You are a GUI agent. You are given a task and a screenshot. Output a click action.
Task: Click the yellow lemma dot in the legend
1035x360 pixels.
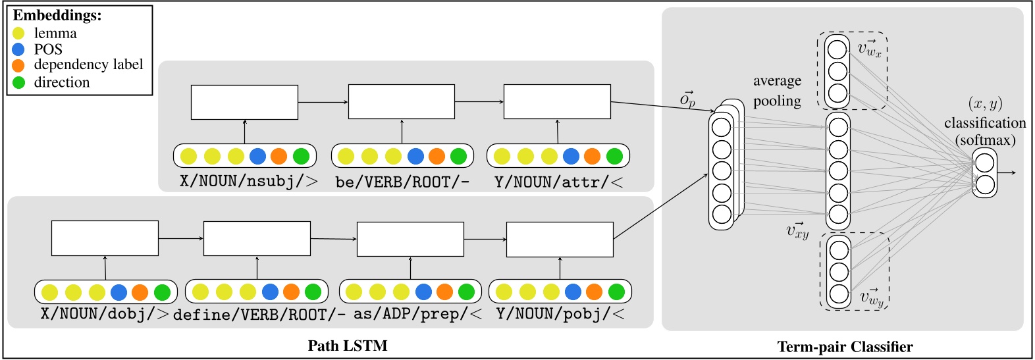click(x=18, y=33)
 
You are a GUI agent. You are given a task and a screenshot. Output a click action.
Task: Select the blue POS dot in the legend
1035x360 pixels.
click(x=18, y=49)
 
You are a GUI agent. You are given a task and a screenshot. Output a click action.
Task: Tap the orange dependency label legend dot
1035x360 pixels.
click(x=18, y=65)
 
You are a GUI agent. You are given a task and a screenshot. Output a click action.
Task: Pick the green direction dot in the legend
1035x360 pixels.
click(x=18, y=82)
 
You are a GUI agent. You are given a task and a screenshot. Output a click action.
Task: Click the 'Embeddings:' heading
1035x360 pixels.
click(x=57, y=15)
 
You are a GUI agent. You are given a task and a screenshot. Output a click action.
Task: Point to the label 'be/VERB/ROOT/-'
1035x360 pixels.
click(x=402, y=182)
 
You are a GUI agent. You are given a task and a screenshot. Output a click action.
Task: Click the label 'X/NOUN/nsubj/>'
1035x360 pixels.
click(x=249, y=182)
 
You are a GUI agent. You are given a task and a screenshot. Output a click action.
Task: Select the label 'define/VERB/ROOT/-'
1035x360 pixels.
click(x=259, y=315)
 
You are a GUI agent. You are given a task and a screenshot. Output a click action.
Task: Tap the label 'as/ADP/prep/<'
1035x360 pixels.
click(x=417, y=315)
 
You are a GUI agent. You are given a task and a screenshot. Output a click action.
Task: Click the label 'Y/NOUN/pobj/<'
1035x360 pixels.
click(x=560, y=315)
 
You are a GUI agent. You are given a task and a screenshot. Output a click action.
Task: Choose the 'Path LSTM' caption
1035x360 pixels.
click(x=348, y=346)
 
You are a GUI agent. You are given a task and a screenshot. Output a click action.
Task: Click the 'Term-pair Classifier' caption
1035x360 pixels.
click(x=845, y=347)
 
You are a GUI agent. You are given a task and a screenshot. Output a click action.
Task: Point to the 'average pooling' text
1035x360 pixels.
click(x=777, y=91)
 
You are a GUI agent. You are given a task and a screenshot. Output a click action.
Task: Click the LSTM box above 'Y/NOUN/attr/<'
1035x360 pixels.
click(x=557, y=102)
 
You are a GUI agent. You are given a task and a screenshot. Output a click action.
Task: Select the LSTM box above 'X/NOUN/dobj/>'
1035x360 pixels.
click(x=105, y=238)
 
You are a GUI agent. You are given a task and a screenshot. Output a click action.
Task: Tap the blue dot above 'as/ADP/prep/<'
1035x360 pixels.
click(x=424, y=292)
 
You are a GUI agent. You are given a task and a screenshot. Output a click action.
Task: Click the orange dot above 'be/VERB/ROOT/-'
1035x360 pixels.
click(x=437, y=157)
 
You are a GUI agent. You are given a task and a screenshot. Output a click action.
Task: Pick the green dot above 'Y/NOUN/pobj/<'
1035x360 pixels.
click(x=616, y=292)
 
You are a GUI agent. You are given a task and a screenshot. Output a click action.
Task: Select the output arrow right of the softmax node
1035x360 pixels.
click(x=1007, y=173)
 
